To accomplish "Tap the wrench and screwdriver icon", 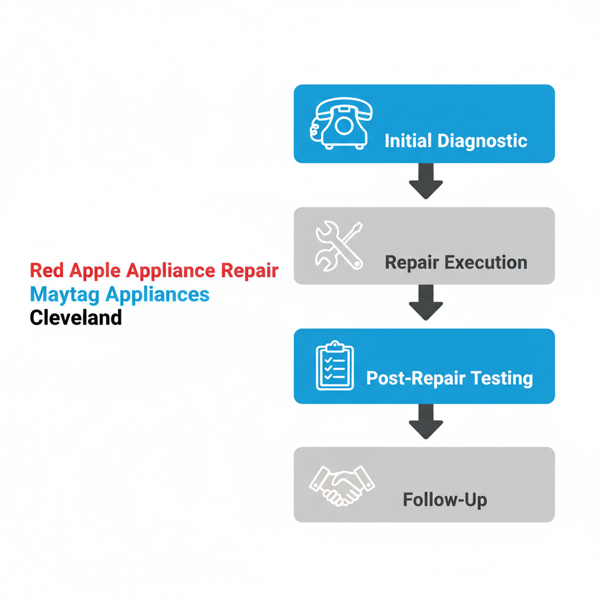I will pyautogui.click(x=339, y=246).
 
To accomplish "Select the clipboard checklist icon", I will pyautogui.click(x=334, y=366).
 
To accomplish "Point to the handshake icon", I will pyautogui.click(x=342, y=485).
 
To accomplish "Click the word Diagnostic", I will pyautogui.click(x=482, y=141).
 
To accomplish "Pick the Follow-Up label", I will pyautogui.click(x=445, y=500).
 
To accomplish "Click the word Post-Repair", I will pyautogui.click(x=413, y=378).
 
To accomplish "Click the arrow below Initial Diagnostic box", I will pyautogui.click(x=426, y=182).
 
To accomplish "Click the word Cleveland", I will pyautogui.click(x=75, y=317).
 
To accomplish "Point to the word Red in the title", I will pyautogui.click(x=47, y=271).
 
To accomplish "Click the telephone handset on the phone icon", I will pyautogui.click(x=344, y=107).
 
